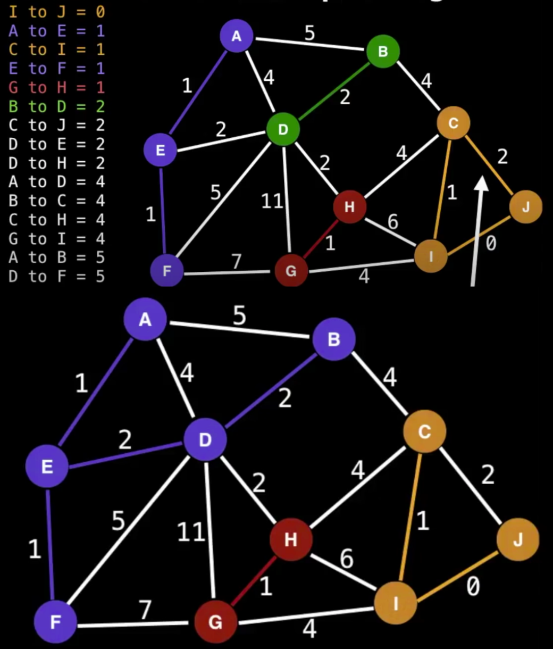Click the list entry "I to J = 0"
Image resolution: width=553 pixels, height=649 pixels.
[56, 12]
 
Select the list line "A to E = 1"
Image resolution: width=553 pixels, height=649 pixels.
[56, 31]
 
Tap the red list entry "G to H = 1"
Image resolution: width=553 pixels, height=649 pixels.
[56, 87]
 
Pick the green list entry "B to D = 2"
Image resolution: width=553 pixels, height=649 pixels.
[56, 106]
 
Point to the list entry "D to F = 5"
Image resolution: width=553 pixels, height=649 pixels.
[56, 277]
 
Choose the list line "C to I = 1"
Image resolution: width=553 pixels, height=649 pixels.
[56, 49]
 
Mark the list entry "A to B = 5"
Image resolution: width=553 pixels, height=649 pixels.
[56, 257]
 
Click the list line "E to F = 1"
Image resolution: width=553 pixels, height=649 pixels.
[56, 69]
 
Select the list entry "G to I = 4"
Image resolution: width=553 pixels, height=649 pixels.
[56, 239]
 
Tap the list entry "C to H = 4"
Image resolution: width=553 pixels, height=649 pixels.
[56, 220]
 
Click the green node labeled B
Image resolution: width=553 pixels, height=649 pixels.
[383, 52]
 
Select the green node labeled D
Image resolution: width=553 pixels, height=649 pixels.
[283, 129]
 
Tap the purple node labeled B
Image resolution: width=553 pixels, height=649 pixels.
[333, 339]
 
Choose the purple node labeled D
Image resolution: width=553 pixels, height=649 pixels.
[205, 439]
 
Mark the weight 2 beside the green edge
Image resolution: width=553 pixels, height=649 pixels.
[345, 97]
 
